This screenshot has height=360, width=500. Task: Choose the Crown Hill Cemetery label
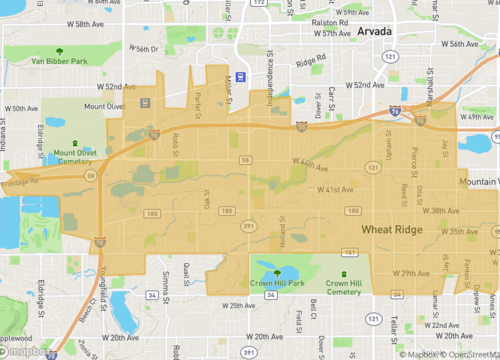coord(344,288)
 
